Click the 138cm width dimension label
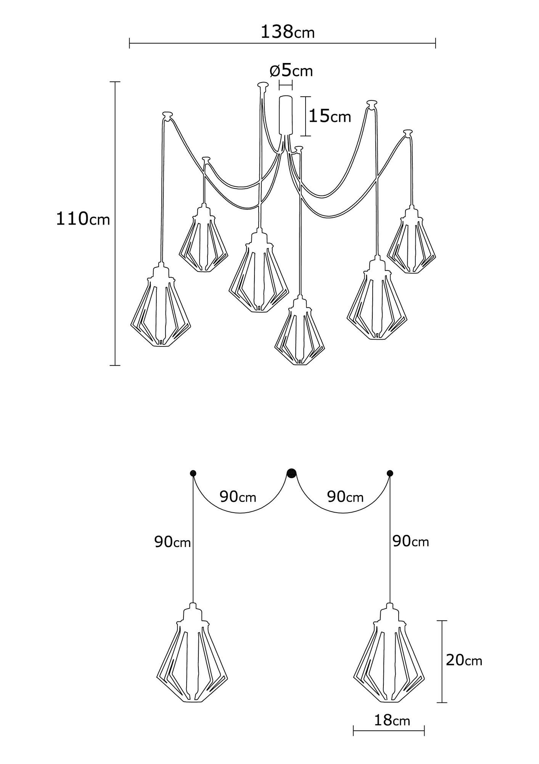pyautogui.click(x=287, y=32)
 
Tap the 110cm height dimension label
pyautogui.click(x=83, y=219)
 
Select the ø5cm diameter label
pyautogui.click(x=291, y=71)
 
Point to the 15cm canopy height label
pyautogui.click(x=330, y=116)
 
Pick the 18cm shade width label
pyautogui.click(x=392, y=720)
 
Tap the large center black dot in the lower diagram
pyautogui.click(x=292, y=473)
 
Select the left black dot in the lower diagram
pyautogui.click(x=193, y=473)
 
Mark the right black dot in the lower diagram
pyautogui.click(x=389, y=473)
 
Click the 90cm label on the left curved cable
pyautogui.click(x=238, y=497)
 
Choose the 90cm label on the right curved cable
pyautogui.click(x=345, y=497)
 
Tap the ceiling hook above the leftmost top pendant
pyautogui.click(x=167, y=114)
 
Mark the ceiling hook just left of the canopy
pyautogui.click(x=262, y=84)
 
